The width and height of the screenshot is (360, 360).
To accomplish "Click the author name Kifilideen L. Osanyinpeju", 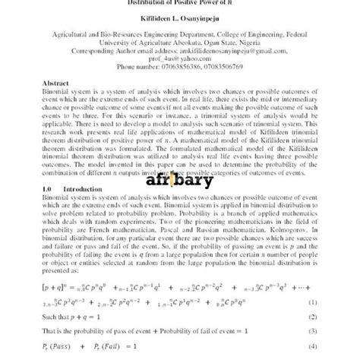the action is click(x=180, y=19).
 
